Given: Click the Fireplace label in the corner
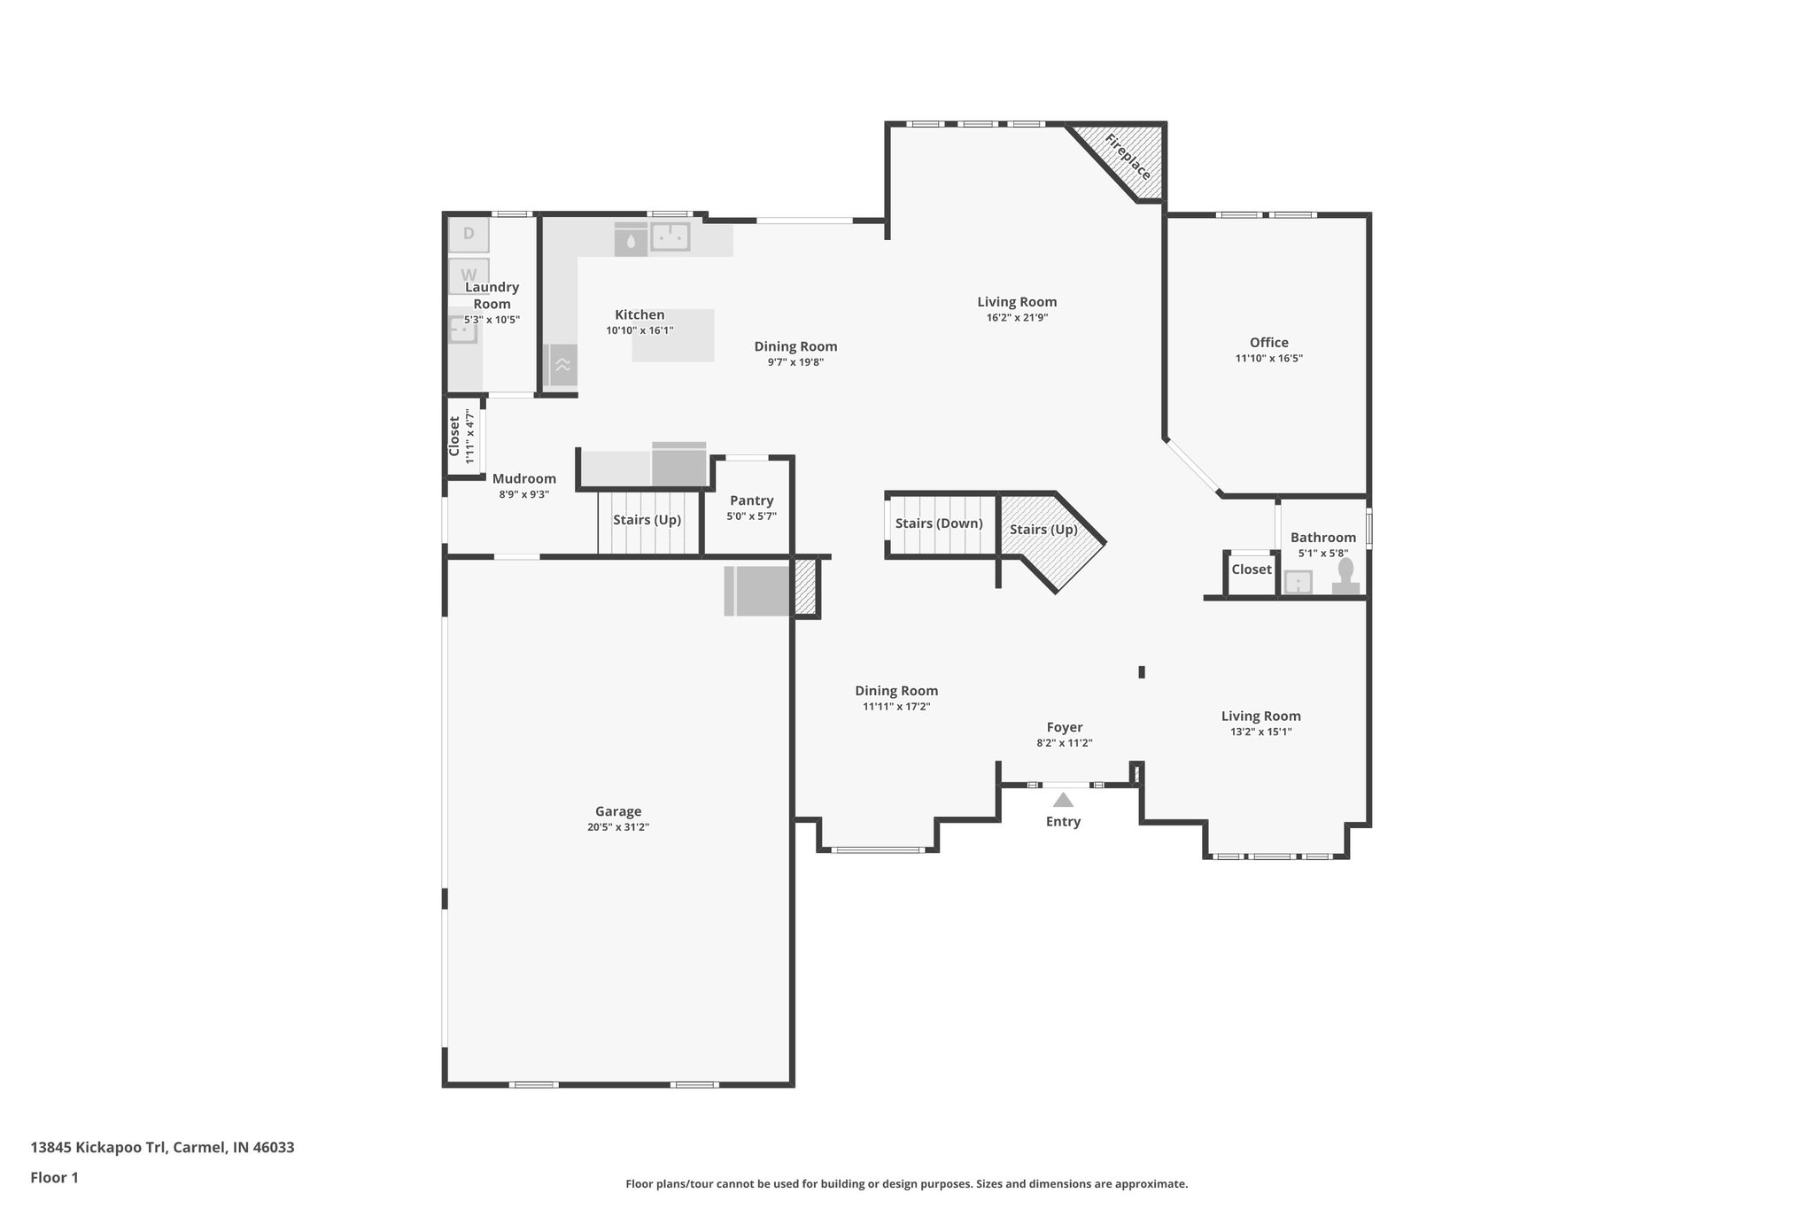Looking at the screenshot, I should click(x=1128, y=157).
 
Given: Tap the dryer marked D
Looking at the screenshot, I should click(x=469, y=235).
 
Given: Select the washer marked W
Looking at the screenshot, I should click(x=469, y=274).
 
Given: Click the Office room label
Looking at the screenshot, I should click(x=1268, y=343).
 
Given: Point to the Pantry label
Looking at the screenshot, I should click(x=751, y=500).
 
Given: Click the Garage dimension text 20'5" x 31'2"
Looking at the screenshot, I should click(x=617, y=827).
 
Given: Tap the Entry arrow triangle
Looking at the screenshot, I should click(x=1063, y=800).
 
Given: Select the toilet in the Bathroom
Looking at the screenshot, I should click(x=1345, y=576).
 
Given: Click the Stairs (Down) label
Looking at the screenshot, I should click(x=938, y=523).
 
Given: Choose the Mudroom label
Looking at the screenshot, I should click(x=523, y=478).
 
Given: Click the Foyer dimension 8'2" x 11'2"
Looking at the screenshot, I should click(x=1064, y=743).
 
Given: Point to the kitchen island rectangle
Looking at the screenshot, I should click(x=673, y=336).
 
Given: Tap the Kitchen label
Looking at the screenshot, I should click(x=640, y=314).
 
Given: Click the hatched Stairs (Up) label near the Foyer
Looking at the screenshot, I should click(x=1043, y=530).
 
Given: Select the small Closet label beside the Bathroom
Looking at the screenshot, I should click(x=1251, y=570).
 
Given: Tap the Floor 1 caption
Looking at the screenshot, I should click(x=54, y=1177).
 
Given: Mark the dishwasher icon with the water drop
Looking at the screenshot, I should click(x=631, y=240).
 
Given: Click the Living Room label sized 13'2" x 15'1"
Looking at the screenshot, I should click(x=1260, y=717).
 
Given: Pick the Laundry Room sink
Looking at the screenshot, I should click(x=461, y=330).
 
